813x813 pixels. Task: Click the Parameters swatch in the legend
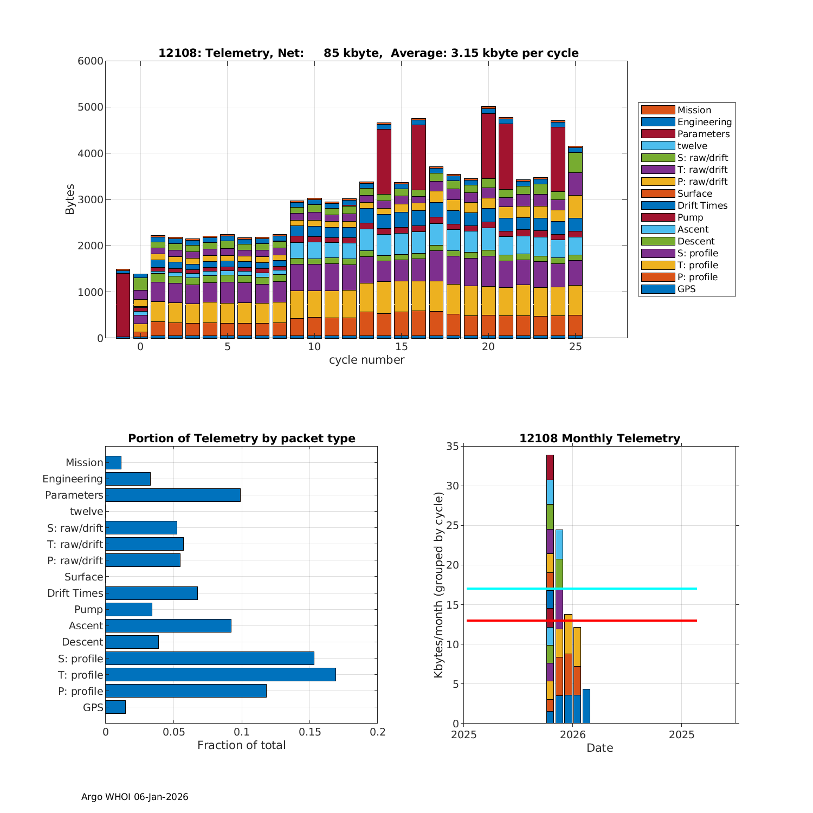[x=658, y=134]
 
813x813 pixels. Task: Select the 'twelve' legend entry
[x=692, y=146]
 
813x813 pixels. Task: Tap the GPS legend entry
[x=686, y=289]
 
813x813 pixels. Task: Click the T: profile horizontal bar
[x=221, y=675]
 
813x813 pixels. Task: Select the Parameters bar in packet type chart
[x=173, y=495]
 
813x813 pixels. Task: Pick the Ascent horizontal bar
[x=168, y=625]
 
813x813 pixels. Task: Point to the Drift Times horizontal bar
[x=151, y=593]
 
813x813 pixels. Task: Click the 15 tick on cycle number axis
[x=401, y=347]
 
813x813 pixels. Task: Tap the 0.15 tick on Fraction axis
[x=309, y=732]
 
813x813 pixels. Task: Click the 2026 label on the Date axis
[x=572, y=735]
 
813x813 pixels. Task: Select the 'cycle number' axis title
[x=366, y=360]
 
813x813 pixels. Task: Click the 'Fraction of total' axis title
[x=241, y=746]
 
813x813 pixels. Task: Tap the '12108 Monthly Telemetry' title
[x=599, y=438]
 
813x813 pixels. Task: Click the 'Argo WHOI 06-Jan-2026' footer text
[x=134, y=797]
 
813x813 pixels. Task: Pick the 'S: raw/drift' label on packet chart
[x=75, y=528]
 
